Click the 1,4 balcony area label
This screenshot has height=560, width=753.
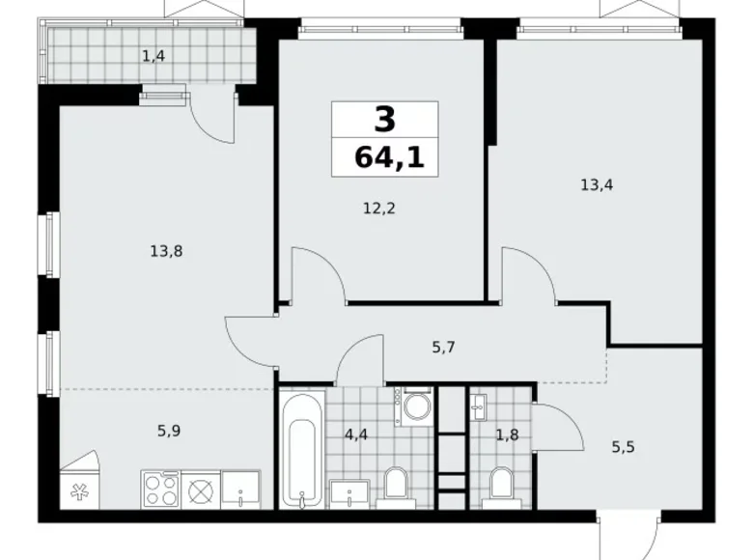pyautogui.click(x=153, y=56)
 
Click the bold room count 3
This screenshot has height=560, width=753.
pyautogui.click(x=384, y=121)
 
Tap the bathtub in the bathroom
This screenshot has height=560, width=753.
pyautogui.click(x=301, y=450)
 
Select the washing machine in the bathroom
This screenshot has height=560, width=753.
pyautogui.click(x=415, y=406)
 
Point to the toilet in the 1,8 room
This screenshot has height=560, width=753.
pyautogui.click(x=500, y=486)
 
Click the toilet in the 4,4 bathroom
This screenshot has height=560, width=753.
pyautogui.click(x=395, y=486)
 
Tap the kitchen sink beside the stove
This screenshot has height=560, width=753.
pyautogui.click(x=239, y=490)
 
